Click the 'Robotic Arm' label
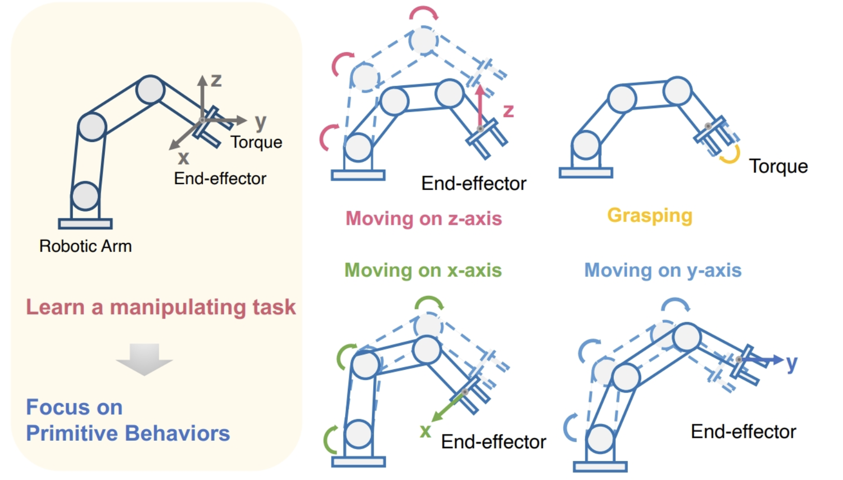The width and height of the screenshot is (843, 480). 85,246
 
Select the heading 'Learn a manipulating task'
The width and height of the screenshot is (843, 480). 161,307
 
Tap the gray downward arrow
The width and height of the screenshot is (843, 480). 144,359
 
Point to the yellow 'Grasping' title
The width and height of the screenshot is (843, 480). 649,215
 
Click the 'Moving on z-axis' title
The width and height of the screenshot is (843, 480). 424,218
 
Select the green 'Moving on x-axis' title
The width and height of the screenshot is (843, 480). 423,271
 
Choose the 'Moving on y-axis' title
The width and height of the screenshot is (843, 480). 662,271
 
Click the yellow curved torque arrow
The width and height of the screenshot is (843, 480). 730,155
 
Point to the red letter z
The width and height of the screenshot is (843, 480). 508,111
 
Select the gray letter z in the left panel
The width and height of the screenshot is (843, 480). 216,80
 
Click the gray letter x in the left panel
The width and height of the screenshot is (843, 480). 184,158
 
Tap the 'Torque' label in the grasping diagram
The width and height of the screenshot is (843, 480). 778,166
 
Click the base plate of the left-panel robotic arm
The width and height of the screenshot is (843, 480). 85,224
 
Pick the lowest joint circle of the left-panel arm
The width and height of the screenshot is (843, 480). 85,196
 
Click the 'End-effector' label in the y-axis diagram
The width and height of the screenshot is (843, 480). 743,432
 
